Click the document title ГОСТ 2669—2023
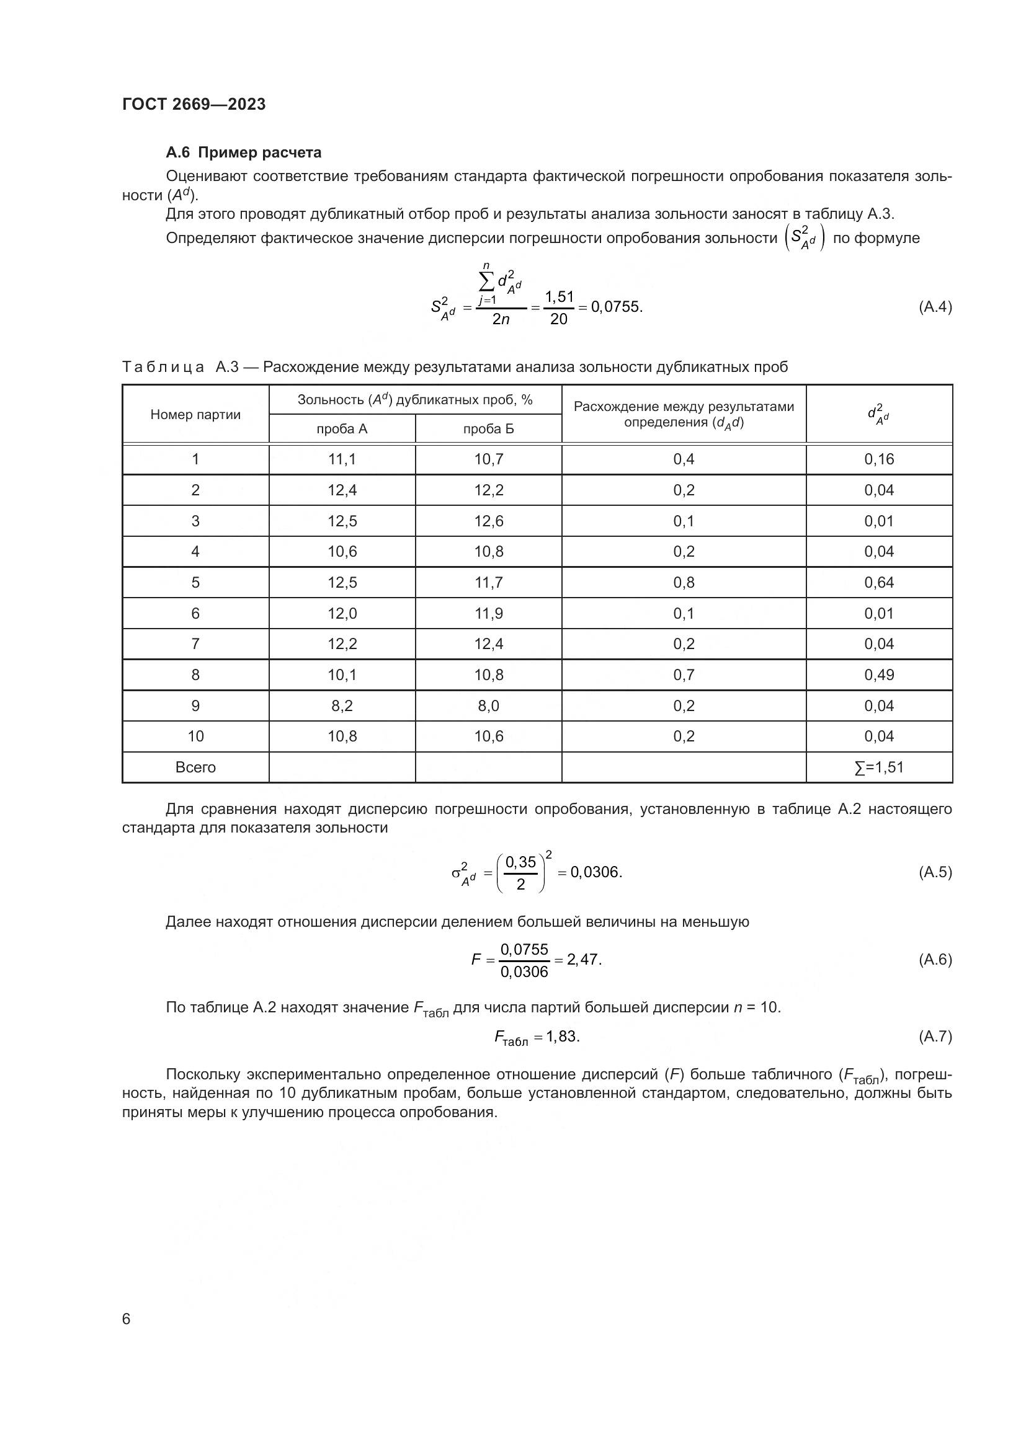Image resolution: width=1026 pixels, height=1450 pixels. click(194, 104)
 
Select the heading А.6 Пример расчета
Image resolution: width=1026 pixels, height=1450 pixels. click(243, 153)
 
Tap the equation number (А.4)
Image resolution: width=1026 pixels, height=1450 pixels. click(934, 307)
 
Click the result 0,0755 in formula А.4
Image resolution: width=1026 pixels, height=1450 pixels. click(615, 307)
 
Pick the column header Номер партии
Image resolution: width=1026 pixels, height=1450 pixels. click(195, 415)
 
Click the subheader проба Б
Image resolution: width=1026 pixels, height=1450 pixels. click(488, 430)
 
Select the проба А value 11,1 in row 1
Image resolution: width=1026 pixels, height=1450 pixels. click(342, 460)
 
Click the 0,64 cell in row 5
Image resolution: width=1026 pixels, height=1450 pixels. click(879, 583)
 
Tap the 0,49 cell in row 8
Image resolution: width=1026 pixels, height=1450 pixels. click(879, 675)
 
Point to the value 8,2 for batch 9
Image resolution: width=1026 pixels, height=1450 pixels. click(342, 706)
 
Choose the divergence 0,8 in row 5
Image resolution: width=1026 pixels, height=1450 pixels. click(684, 583)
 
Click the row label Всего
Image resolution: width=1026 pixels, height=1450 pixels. click(195, 768)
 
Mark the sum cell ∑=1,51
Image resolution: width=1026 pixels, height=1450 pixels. click(879, 768)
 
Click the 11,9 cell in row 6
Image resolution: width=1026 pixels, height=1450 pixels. click(488, 614)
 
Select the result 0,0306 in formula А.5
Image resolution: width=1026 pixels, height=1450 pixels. click(595, 873)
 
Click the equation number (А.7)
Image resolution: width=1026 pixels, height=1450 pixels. click(934, 1037)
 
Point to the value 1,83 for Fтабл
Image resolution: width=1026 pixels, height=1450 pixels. click(562, 1037)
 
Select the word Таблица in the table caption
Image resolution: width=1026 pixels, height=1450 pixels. click(163, 368)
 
